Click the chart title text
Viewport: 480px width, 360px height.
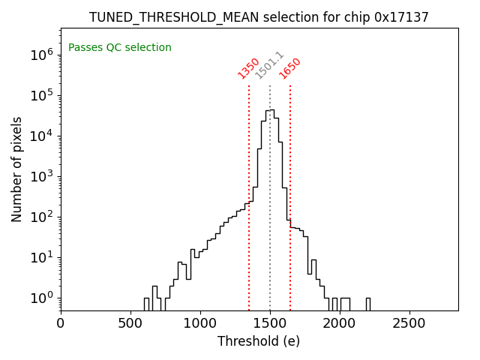coord(259,17)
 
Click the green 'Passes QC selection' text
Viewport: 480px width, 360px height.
coord(120,47)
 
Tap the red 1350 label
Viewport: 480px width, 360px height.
coord(248,68)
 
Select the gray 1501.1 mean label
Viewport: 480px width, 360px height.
coord(269,65)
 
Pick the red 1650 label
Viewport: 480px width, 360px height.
coord(289,68)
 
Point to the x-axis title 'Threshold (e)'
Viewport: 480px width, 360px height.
coord(259,341)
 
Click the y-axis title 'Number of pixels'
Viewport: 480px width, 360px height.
coord(17,169)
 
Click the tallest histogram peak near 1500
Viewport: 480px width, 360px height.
coord(269,112)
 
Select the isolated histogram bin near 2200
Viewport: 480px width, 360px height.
coord(367,304)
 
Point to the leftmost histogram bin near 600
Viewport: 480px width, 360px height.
coord(147,304)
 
